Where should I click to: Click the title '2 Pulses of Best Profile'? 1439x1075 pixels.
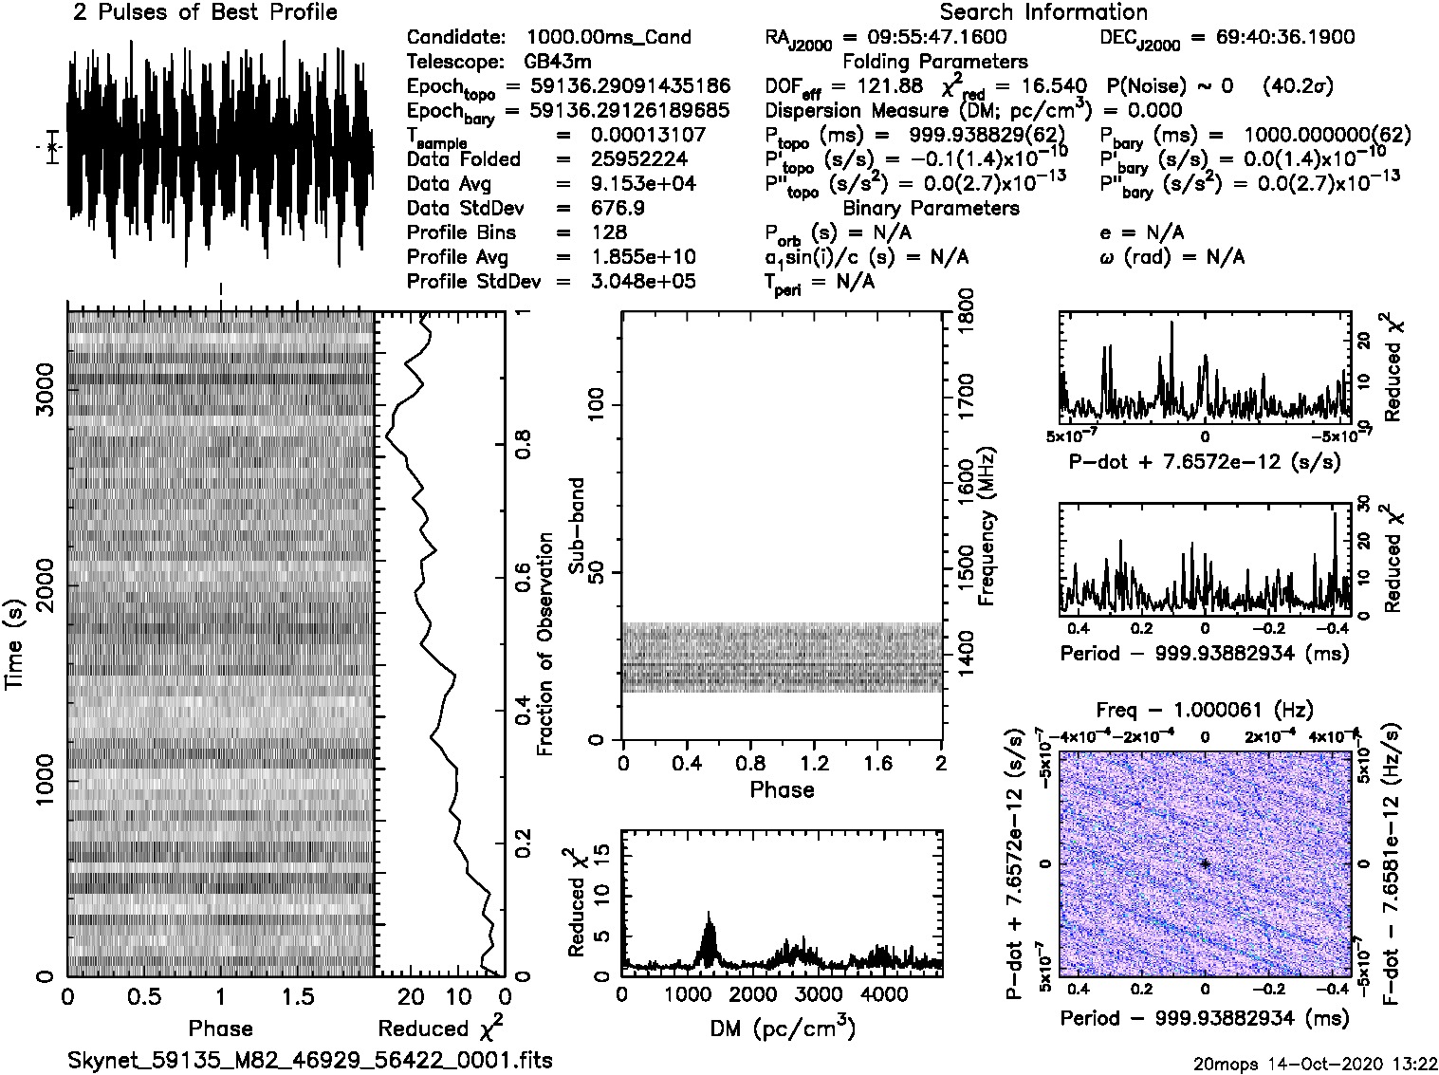(x=205, y=13)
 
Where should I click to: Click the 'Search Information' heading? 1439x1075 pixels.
(x=1042, y=13)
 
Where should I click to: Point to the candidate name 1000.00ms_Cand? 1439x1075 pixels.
(x=608, y=38)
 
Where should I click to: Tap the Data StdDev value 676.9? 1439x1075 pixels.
(x=617, y=208)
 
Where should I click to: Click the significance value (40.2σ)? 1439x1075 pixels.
(x=1298, y=86)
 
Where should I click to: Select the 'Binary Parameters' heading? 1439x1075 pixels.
(x=931, y=208)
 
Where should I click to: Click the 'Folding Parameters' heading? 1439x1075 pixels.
(x=934, y=63)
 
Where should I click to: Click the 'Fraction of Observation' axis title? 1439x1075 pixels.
(x=545, y=644)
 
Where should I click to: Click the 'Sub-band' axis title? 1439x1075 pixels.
(x=576, y=525)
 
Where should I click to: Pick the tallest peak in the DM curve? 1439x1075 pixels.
(x=708, y=914)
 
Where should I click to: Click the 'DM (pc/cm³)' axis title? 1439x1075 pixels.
(x=782, y=1029)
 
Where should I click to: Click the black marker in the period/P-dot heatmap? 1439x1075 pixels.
(x=1205, y=863)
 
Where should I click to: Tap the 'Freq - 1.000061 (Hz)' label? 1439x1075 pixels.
(x=1205, y=710)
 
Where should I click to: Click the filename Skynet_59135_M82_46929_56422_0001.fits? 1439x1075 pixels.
(x=310, y=1060)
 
